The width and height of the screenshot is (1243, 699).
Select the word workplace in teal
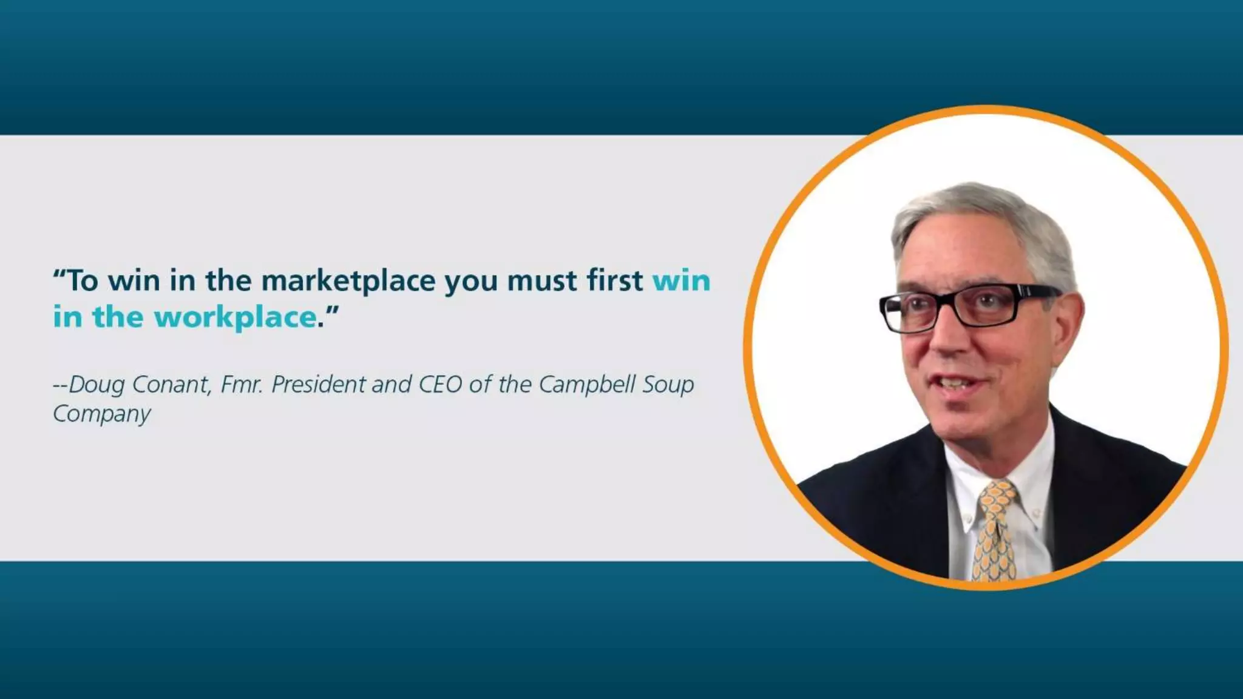point(235,317)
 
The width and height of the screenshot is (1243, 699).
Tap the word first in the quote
point(614,280)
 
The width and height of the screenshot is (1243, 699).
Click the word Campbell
point(587,384)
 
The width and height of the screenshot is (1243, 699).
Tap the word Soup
point(668,385)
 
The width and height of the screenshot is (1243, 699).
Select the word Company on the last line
point(101,414)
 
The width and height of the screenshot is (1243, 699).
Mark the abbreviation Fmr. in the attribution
point(242,384)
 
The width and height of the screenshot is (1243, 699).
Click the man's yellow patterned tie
point(994,528)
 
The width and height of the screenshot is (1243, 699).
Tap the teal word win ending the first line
point(681,281)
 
